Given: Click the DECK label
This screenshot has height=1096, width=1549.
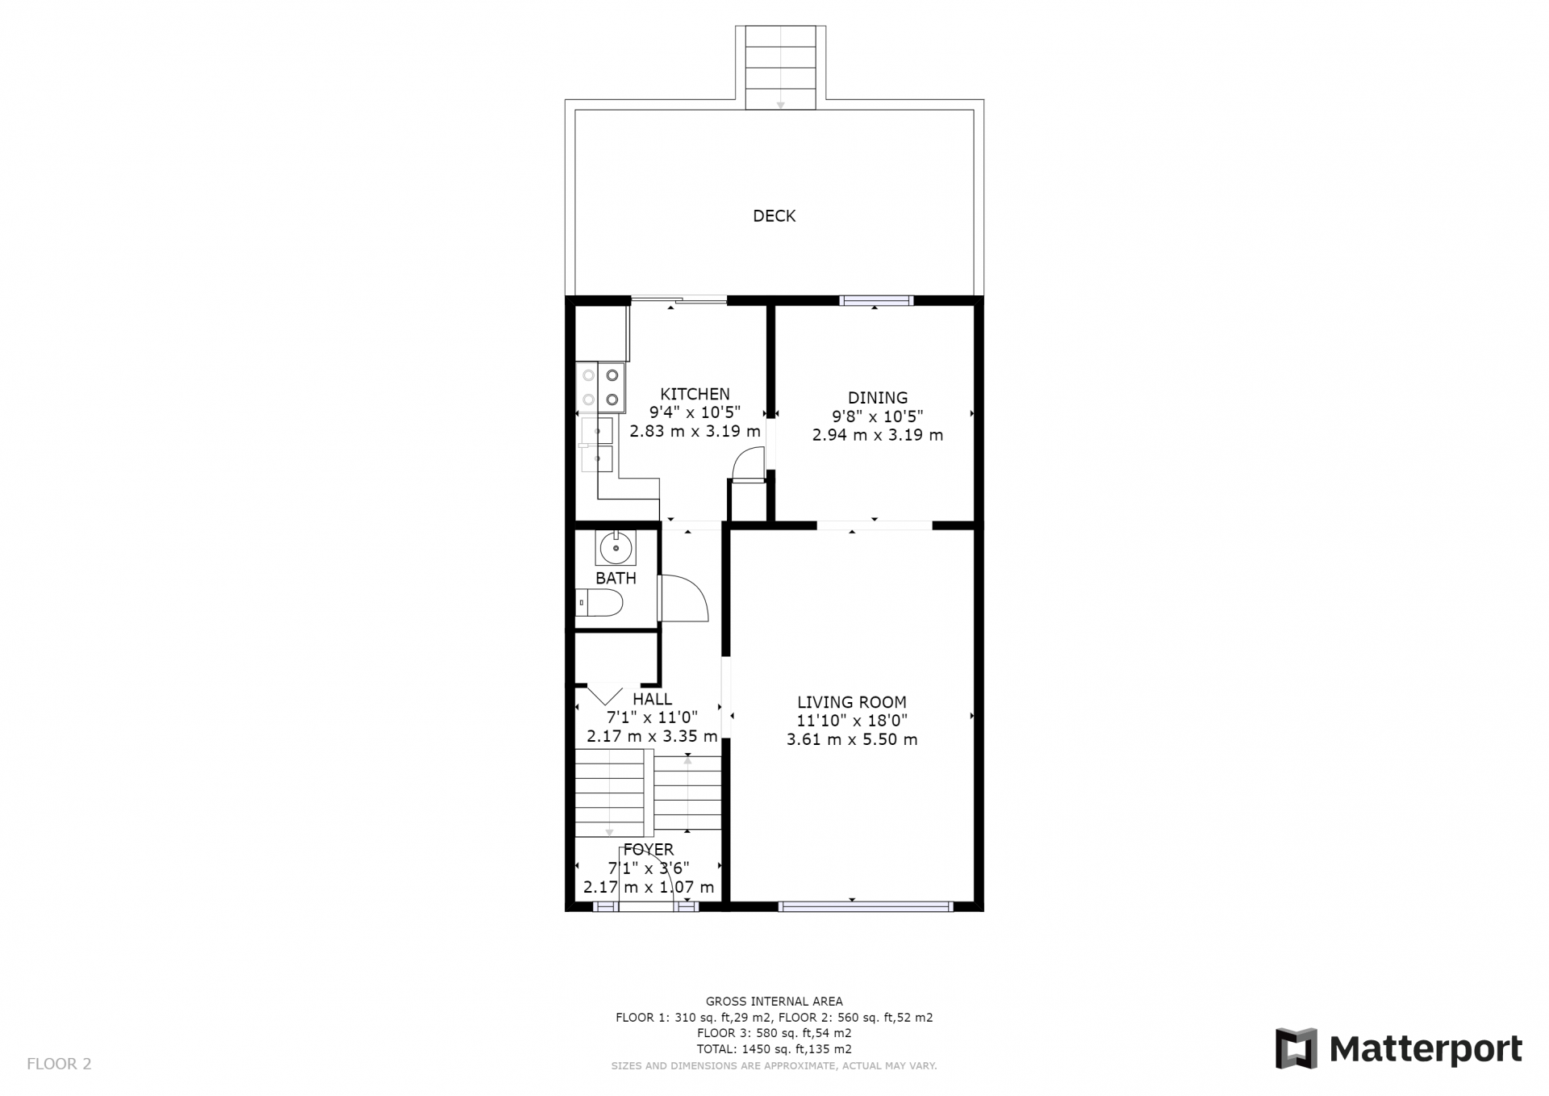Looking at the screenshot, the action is [774, 215].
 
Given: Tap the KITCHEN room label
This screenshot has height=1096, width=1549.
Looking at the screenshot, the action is [695, 394].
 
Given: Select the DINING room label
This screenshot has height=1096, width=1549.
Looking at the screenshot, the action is [877, 397].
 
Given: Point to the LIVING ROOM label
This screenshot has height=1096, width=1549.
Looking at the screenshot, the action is [852, 702].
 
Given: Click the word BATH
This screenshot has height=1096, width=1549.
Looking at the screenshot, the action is [616, 578].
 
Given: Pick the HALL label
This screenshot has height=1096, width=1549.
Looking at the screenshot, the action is [652, 699].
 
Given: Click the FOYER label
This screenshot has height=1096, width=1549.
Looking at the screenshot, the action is [649, 849].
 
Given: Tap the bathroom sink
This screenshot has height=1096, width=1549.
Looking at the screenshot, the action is [616, 548].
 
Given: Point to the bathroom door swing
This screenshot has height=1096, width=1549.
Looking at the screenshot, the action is [683, 598].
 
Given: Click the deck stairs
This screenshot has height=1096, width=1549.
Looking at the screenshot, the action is [780, 68].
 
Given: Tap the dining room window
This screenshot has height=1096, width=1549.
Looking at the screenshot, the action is [876, 300].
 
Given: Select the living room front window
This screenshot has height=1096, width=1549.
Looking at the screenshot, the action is [866, 906].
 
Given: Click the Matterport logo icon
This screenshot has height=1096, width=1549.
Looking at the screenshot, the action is [1296, 1048].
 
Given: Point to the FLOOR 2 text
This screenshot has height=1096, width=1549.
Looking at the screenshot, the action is [59, 1064].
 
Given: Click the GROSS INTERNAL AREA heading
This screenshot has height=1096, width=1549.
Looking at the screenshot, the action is [774, 1002].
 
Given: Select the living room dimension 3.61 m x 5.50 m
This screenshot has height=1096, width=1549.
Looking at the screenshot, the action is [852, 739].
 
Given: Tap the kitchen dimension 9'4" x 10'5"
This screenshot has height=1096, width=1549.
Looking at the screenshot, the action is [695, 412].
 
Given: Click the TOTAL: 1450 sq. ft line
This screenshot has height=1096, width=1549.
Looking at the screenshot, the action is [774, 1049].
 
